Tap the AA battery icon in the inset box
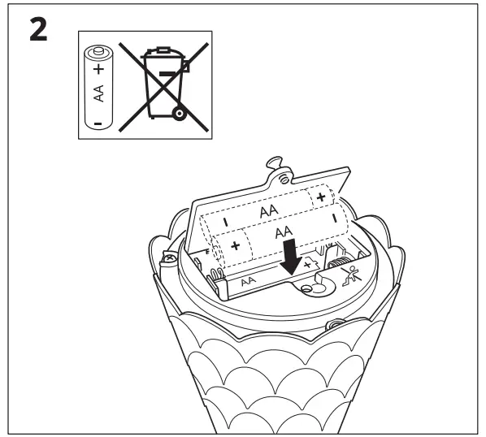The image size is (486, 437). pyautogui.click(x=98, y=87)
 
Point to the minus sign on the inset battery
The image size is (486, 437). pyautogui.click(x=98, y=123)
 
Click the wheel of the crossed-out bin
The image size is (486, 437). pyautogui.click(x=176, y=115)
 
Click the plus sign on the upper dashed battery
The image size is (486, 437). pyautogui.click(x=323, y=196)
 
